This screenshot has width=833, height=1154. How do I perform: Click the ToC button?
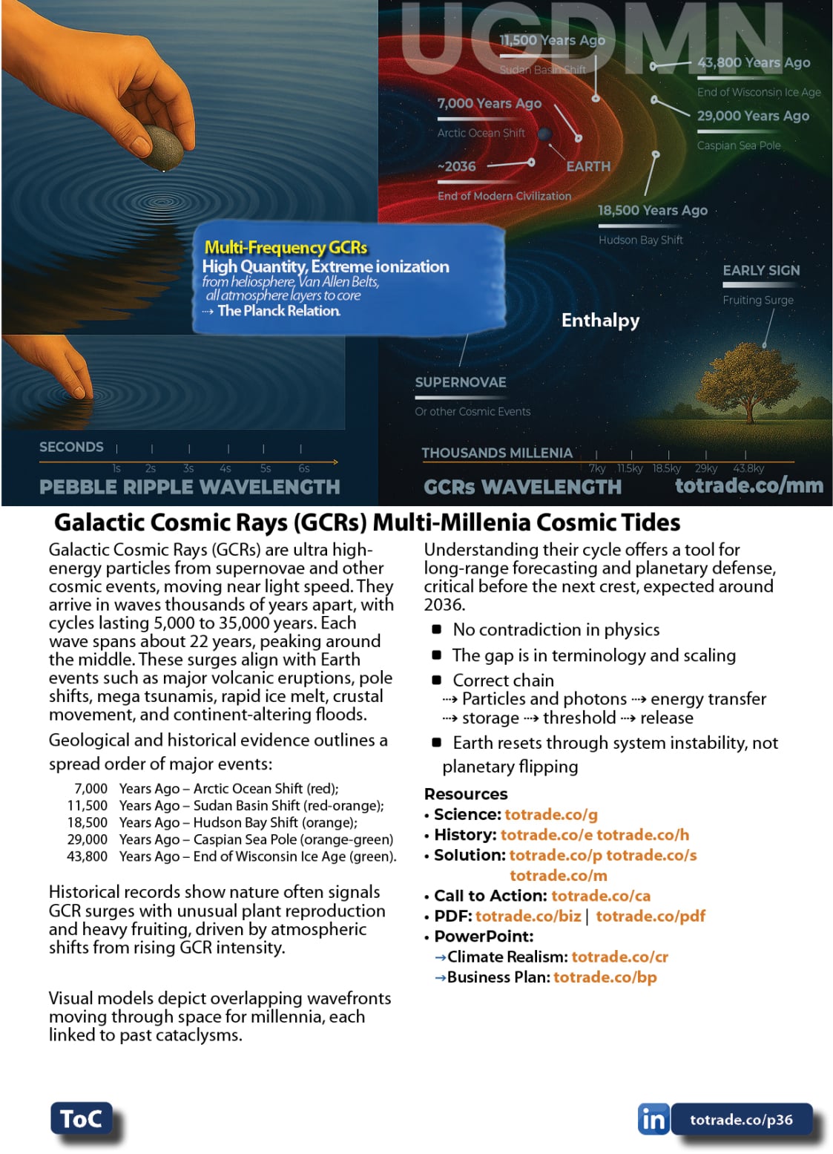(x=81, y=1118)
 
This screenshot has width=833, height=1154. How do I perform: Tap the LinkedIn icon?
(x=653, y=1119)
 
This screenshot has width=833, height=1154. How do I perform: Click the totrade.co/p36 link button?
(x=741, y=1119)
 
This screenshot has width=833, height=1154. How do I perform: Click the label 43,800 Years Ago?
(x=753, y=63)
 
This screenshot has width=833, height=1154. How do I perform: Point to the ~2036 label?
(x=457, y=166)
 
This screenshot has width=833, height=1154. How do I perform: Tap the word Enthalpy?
(x=600, y=321)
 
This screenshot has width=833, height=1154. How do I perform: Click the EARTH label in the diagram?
(x=588, y=166)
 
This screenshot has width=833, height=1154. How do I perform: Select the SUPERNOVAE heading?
(x=460, y=382)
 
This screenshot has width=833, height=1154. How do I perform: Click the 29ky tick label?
(x=705, y=468)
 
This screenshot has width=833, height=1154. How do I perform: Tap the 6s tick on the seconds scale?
(x=303, y=468)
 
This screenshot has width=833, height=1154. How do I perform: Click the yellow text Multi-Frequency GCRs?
(x=286, y=247)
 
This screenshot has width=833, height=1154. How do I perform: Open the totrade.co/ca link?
(x=601, y=896)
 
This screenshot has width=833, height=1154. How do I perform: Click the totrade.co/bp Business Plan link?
(x=605, y=977)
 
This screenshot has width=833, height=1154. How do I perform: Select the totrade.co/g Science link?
(x=550, y=814)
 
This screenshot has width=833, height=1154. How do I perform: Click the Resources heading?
(x=466, y=793)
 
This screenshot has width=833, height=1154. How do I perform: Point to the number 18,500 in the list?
(x=88, y=822)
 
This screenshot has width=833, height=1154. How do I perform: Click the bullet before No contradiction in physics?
(x=437, y=629)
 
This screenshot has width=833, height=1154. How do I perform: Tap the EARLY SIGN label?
(x=761, y=270)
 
